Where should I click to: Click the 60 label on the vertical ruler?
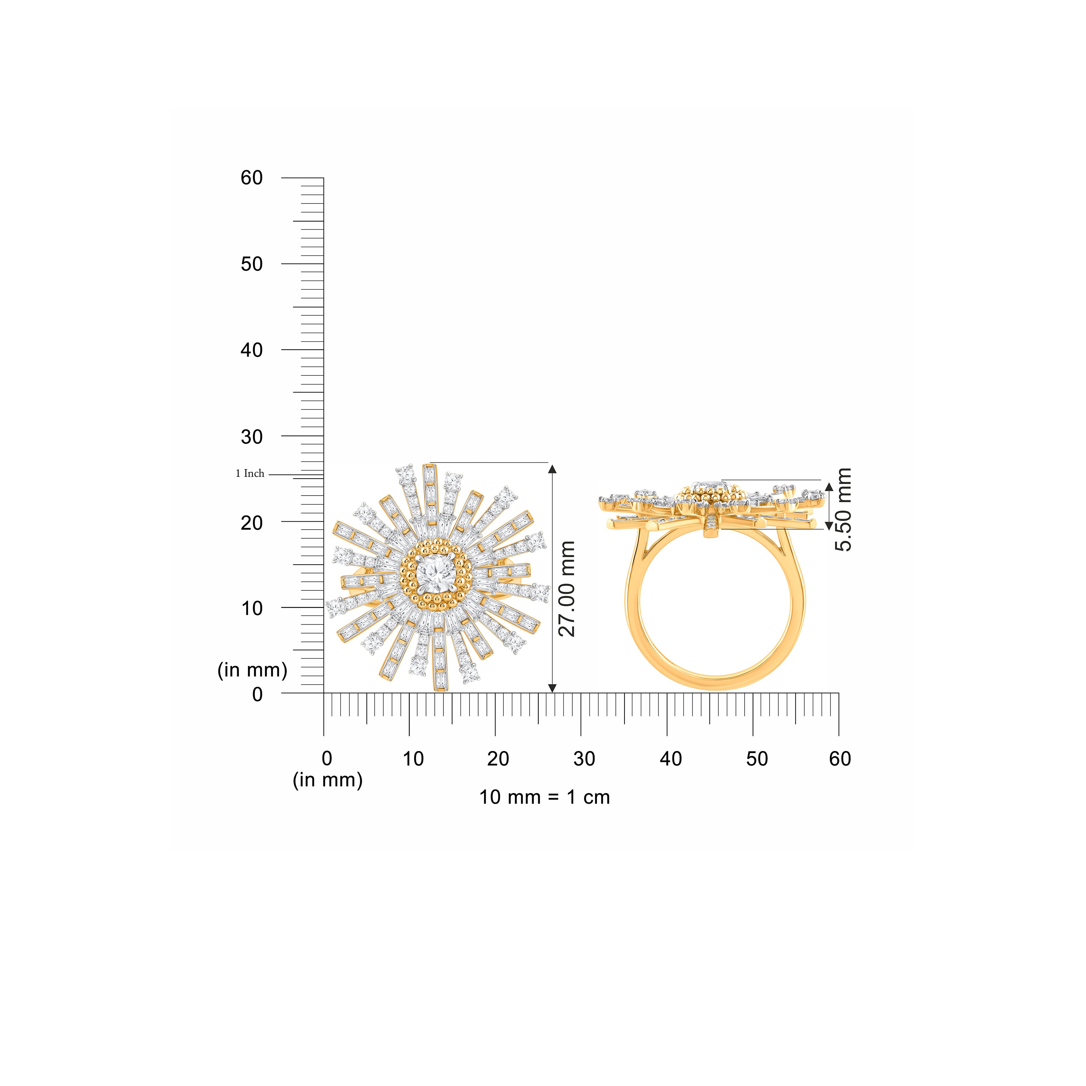[252, 178]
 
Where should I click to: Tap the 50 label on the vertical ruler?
[252, 264]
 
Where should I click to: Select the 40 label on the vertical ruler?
[252, 350]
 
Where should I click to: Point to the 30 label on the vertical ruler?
[252, 437]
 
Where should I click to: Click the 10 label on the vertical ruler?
[252, 608]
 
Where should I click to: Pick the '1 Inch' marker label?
[250, 474]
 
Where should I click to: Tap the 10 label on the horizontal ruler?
[413, 759]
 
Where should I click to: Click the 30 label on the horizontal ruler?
[585, 759]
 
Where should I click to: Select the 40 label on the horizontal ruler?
[670, 759]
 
